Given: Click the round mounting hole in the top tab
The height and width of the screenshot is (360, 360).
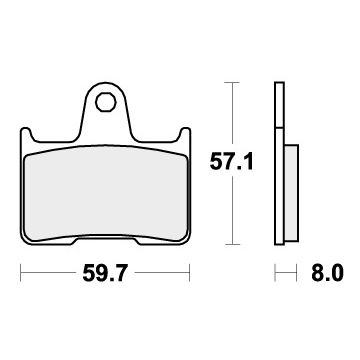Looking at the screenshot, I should pyautogui.click(x=104, y=101).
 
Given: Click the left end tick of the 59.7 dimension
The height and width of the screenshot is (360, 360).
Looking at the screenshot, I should pyautogui.click(x=20, y=272).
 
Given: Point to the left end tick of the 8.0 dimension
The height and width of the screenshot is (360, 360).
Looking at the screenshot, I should pyautogui.click(x=275, y=272).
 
